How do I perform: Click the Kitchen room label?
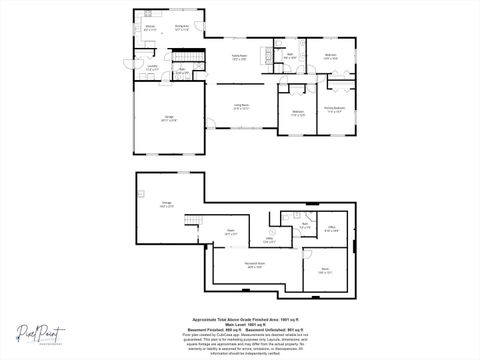(149, 29)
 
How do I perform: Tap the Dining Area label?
(183, 27)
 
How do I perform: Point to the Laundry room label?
(152, 68)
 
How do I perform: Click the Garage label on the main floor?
(168, 118)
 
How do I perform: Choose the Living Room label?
(241, 107)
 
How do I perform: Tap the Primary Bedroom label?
(334, 110)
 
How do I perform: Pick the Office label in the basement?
(332, 230)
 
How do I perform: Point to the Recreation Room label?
(254, 265)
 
